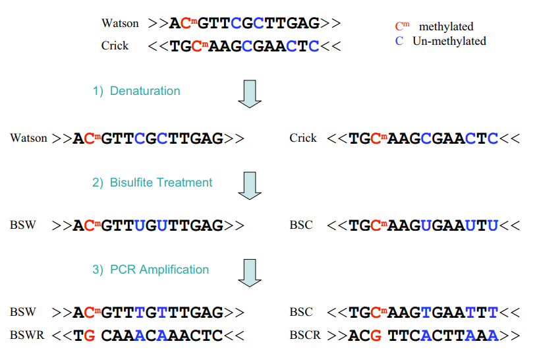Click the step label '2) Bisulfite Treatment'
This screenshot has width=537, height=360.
click(x=152, y=183)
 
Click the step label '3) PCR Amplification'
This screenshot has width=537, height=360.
click(x=151, y=269)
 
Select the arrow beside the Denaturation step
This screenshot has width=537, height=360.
click(x=250, y=94)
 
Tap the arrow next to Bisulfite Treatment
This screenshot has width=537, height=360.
click(x=250, y=185)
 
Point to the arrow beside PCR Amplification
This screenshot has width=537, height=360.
click(x=250, y=272)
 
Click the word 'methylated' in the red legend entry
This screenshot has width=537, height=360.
click(x=446, y=27)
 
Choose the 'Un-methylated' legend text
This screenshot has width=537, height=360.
click(x=449, y=41)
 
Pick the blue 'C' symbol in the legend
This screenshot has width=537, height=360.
click(x=399, y=41)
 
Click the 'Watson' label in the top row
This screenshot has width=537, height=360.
click(x=120, y=24)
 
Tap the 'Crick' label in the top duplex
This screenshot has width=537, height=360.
click(x=115, y=46)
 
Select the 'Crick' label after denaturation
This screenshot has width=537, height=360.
click(x=303, y=138)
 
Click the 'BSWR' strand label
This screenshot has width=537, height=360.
click(x=27, y=335)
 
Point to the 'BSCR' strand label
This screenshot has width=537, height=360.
click(x=305, y=335)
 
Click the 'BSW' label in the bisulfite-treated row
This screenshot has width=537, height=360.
click(x=23, y=225)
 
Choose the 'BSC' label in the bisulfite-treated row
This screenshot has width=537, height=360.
click(x=301, y=225)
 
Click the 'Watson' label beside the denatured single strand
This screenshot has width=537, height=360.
click(x=28, y=138)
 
